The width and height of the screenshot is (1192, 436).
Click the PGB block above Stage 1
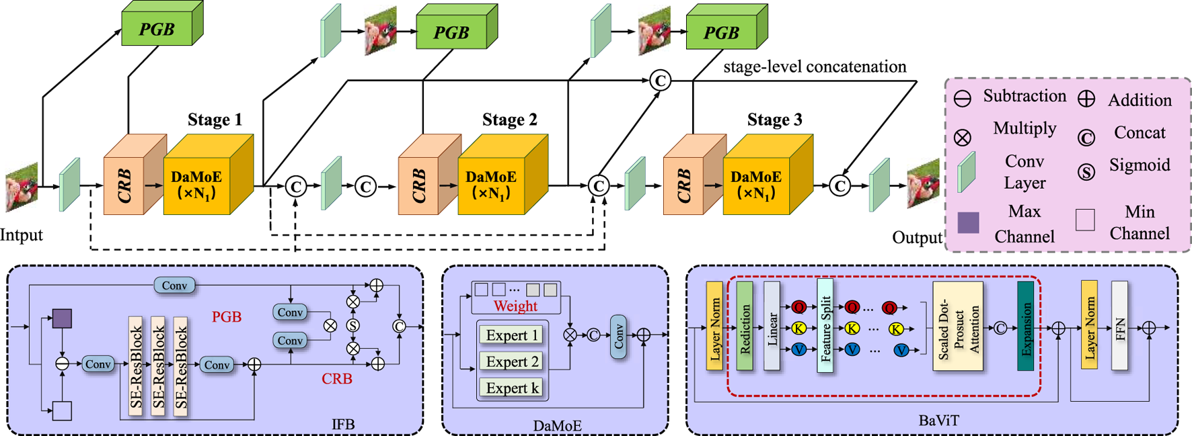(x=157, y=29)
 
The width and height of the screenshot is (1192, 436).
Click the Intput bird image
(x=22, y=186)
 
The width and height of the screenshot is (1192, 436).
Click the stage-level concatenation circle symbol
(x=660, y=81)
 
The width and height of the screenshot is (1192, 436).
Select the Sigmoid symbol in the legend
(x=1086, y=172)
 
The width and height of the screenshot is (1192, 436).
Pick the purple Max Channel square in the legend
(x=968, y=222)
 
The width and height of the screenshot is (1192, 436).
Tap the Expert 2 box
(x=513, y=361)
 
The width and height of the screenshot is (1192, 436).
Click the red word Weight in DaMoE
(x=515, y=306)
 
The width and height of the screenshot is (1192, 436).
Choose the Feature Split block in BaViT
(x=825, y=326)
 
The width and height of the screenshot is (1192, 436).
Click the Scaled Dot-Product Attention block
(x=958, y=326)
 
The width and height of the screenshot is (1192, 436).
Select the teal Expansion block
(x=1026, y=326)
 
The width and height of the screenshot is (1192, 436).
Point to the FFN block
(x=1119, y=326)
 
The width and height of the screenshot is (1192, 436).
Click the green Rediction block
(x=745, y=326)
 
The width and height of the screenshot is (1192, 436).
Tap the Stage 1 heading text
(x=215, y=120)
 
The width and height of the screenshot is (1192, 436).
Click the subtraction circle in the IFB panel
(x=63, y=364)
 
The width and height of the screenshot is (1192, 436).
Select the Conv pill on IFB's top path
(x=174, y=286)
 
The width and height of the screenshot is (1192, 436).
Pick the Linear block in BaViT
(x=772, y=326)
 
